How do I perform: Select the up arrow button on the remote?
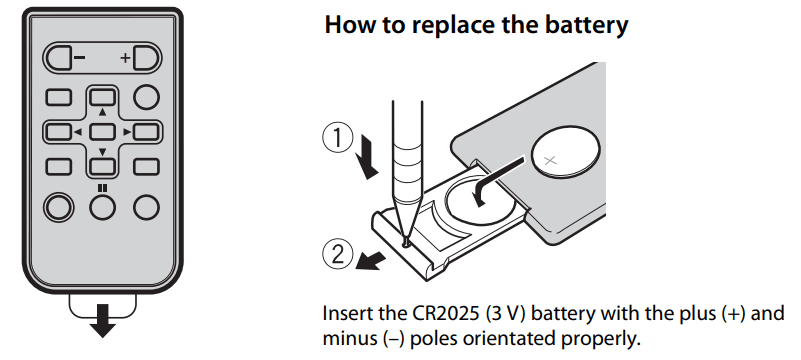coord(102,97)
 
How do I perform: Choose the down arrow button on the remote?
coord(102,166)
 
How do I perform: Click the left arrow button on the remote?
coord(59,132)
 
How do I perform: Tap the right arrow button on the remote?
coord(146,132)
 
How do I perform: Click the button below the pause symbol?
coord(102,207)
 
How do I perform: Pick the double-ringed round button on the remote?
coord(59,207)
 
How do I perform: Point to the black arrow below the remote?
coord(102,321)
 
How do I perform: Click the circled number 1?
coord(337,138)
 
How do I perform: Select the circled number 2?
coord(338,255)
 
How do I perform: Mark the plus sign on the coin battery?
coord(550,161)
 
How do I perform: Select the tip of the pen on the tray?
coord(406,242)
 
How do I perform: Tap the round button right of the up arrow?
coord(146,97)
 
